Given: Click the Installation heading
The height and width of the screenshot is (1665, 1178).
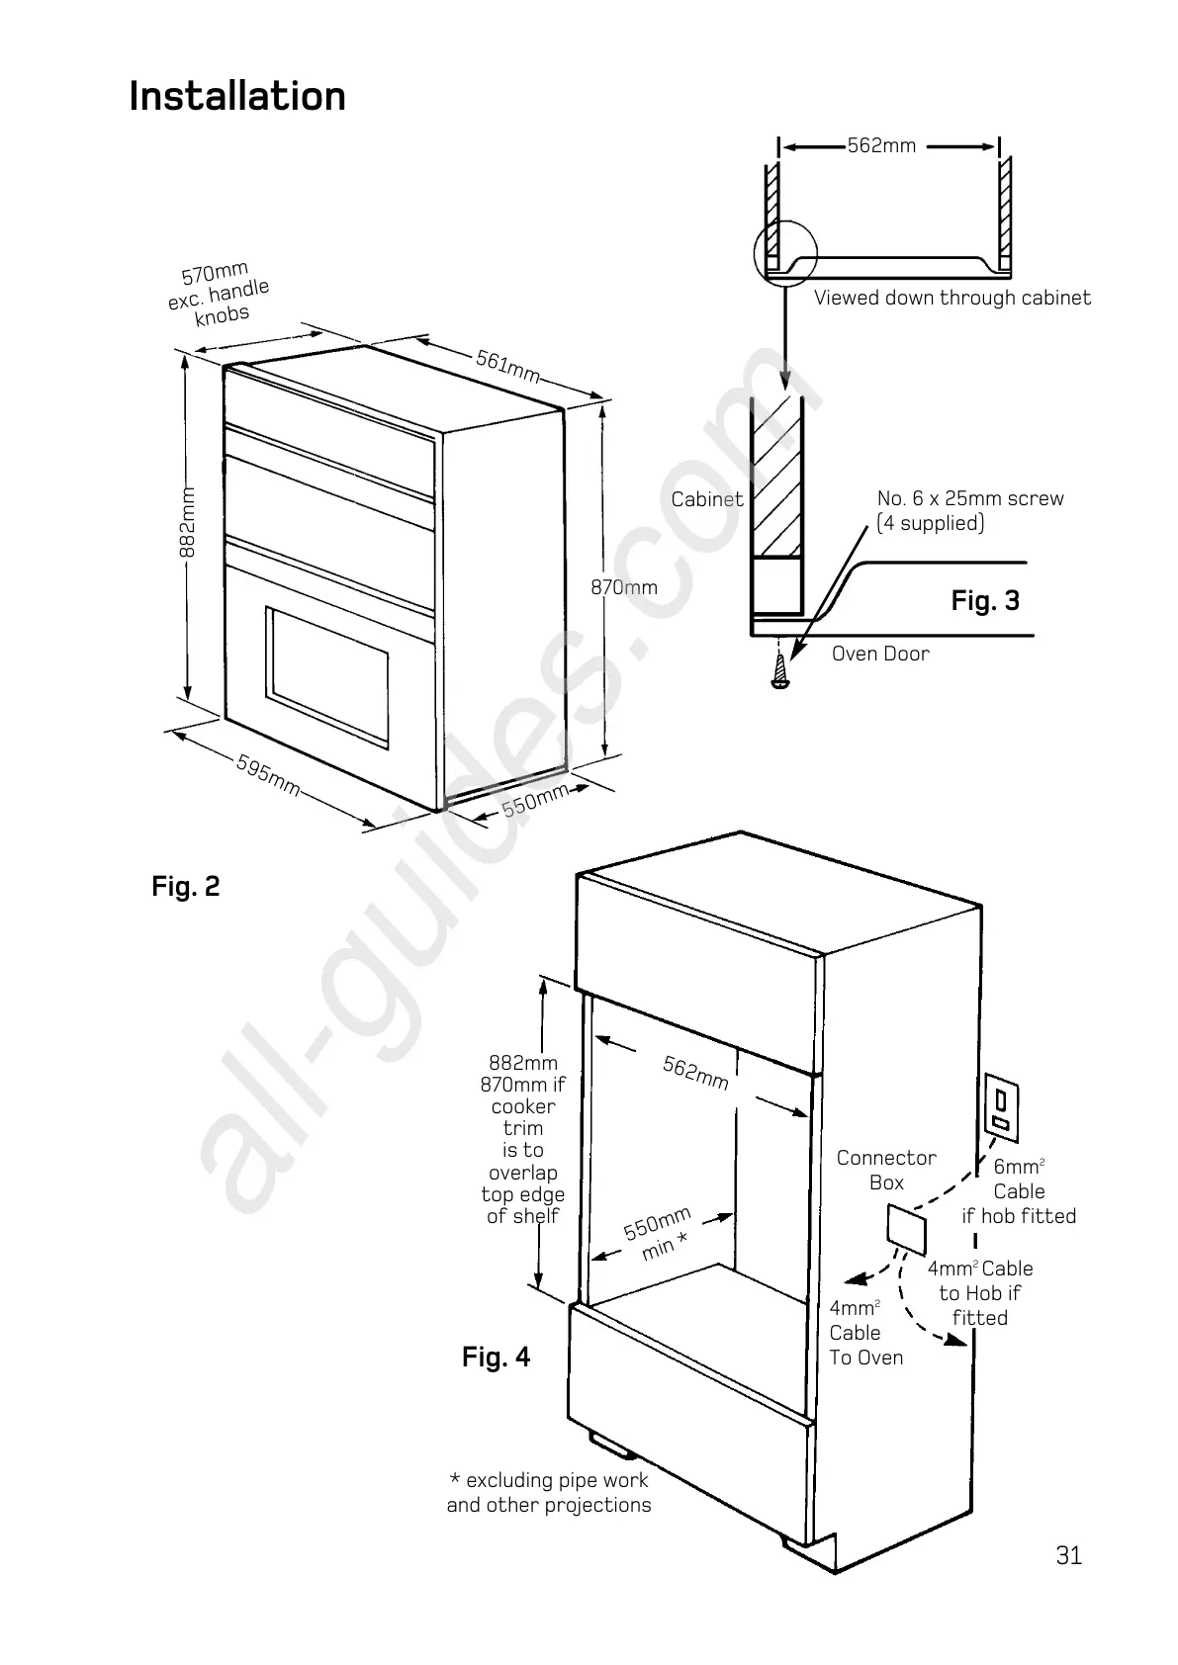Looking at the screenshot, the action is pos(237,97).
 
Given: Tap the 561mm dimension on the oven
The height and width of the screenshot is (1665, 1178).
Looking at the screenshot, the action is pos(508,366).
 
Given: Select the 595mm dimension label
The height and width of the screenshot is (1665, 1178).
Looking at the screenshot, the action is pos(268,776).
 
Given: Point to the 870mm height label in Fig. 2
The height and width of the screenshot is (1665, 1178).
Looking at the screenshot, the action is pos(624,587).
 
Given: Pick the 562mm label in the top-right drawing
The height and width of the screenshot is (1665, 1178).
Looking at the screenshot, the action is pos(882,146).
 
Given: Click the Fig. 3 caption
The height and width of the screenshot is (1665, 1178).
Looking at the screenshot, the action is pos(985,601).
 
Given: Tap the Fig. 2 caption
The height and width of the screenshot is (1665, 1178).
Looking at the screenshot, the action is pos(186,887).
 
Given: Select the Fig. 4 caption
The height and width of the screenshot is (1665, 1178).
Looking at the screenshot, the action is pos(497,1358).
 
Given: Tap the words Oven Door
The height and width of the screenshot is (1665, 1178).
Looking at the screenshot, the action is pos(880,654).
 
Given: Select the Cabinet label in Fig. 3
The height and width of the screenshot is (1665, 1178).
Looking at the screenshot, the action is pos(707,499).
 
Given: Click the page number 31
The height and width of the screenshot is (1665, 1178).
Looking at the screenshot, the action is pos(1069,1555).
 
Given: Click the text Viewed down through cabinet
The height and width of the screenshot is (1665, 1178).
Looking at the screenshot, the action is pos(952,298).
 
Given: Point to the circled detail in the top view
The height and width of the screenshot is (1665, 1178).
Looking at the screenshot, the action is pos(784,252).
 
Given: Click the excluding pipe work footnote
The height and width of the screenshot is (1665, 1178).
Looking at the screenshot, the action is pos(549,1493).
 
